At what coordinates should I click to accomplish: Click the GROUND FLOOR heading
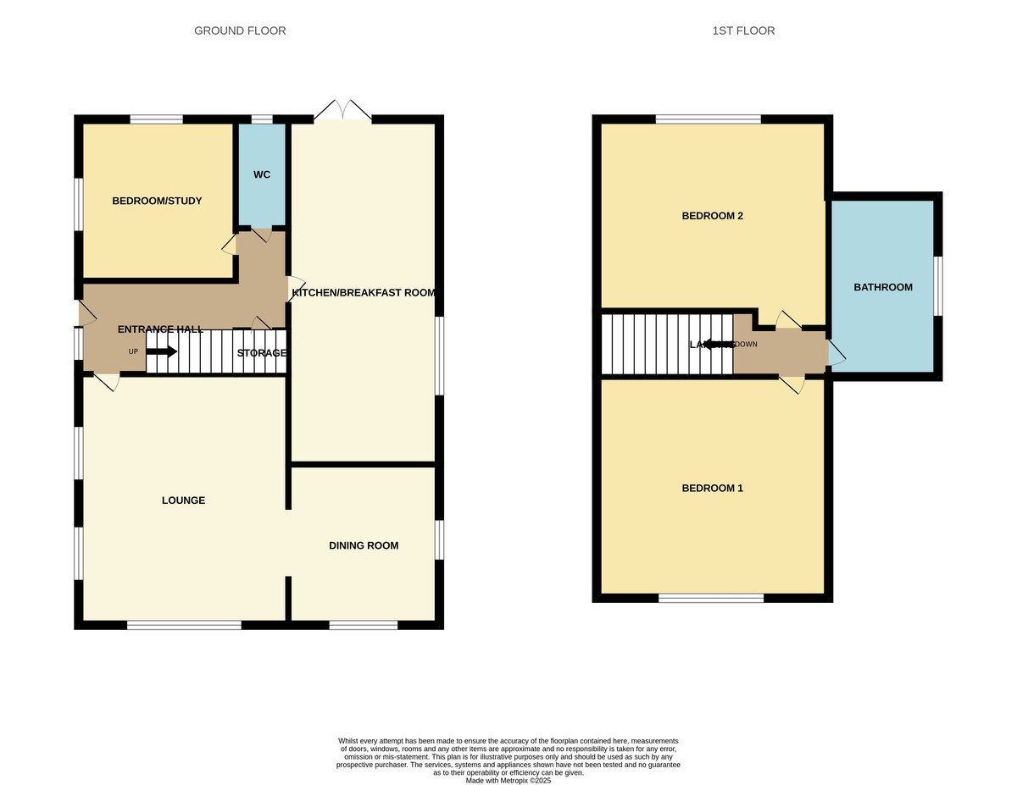(x=240, y=30)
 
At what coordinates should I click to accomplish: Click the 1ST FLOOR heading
(x=743, y=30)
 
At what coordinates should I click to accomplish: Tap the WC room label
(x=262, y=174)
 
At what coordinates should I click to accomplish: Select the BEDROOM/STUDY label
(x=157, y=201)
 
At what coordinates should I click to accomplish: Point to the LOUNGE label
(x=183, y=500)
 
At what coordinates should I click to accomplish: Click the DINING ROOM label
(x=364, y=545)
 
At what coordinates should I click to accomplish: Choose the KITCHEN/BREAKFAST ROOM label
(x=363, y=293)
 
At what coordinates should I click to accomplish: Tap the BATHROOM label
(x=883, y=287)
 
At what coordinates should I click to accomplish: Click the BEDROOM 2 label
(x=712, y=216)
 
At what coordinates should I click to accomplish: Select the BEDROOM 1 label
(x=712, y=489)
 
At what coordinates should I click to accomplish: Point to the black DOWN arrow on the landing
(x=717, y=345)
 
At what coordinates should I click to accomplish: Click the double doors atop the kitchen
(x=342, y=112)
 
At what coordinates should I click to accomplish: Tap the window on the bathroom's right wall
(x=938, y=286)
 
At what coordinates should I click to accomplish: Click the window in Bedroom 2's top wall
(x=708, y=119)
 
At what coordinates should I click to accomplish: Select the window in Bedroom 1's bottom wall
(x=711, y=599)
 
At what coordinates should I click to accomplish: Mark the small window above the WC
(x=262, y=119)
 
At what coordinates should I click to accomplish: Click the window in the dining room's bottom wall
(x=363, y=626)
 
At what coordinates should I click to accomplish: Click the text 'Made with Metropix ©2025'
(x=508, y=780)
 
